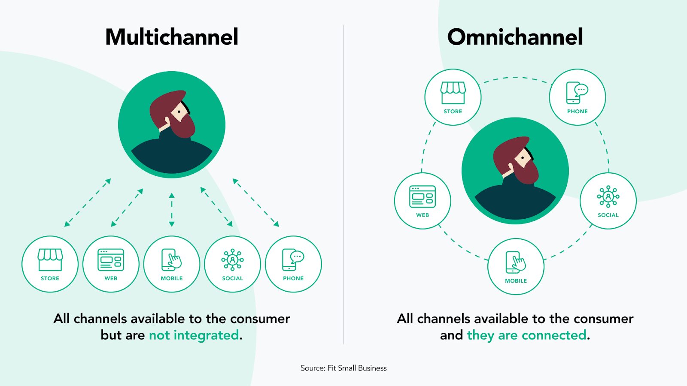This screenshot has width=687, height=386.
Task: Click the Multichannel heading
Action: pos(172,37)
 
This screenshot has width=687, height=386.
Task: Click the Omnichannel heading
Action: pos(515,37)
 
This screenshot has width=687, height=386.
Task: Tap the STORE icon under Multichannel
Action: pos(50,264)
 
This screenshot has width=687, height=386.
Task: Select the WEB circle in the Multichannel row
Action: pos(111,264)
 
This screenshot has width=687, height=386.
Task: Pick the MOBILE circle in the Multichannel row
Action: pos(172,264)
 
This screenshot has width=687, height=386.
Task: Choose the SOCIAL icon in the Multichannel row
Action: pos(232,264)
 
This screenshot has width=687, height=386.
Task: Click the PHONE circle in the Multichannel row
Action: pos(293,264)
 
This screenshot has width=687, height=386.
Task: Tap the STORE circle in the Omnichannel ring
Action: pos(453,97)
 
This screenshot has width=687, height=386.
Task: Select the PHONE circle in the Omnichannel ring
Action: pos(577,97)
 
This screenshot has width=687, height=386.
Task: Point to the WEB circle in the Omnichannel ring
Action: pos(423,201)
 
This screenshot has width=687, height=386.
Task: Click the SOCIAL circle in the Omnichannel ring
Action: pos(608,201)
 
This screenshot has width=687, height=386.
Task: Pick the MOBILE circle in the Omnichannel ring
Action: pos(516,266)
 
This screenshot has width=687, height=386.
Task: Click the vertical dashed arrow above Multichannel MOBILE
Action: pos(172,210)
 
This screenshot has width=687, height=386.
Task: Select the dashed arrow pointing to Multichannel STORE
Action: pos(88,202)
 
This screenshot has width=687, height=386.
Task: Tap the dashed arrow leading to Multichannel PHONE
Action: pos(256,202)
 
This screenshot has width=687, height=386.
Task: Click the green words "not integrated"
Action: pos(194,335)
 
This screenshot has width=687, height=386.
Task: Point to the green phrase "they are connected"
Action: pos(526,335)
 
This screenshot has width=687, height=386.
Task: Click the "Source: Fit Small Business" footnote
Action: pos(343,368)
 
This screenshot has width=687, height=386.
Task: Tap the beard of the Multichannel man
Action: pos(182,126)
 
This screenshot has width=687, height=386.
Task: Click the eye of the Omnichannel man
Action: pos(522,158)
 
